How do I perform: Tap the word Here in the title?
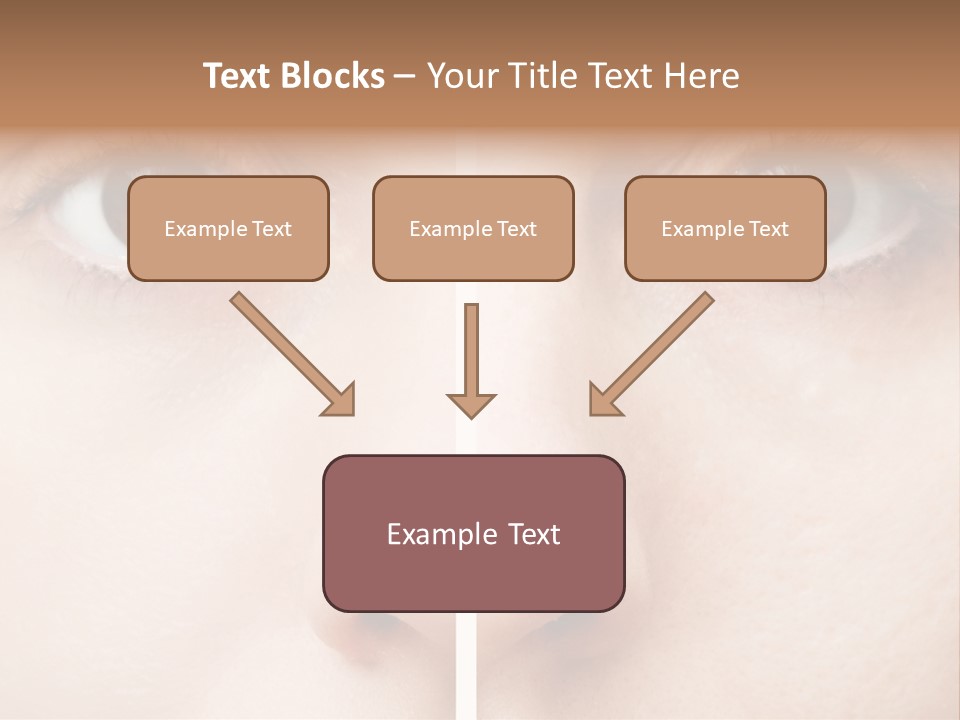(700, 76)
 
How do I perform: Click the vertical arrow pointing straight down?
(471, 350)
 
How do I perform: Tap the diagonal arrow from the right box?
(660, 345)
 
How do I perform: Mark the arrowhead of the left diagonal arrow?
(340, 400)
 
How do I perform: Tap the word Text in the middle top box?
(517, 229)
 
